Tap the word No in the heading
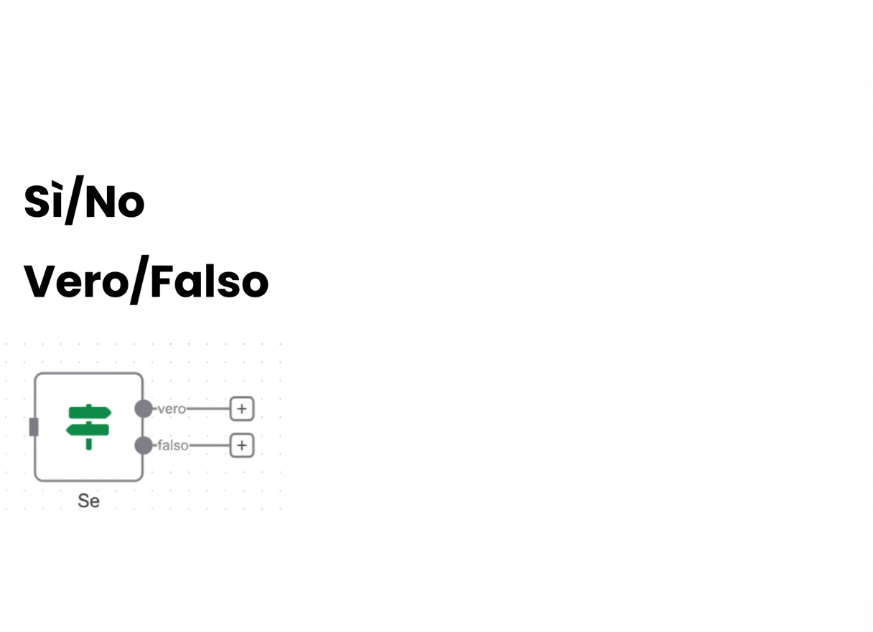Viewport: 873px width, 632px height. pyautogui.click(x=115, y=202)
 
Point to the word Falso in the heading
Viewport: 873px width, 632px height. pyautogui.click(x=210, y=281)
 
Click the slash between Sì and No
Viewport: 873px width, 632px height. pyautogui.click(x=74, y=200)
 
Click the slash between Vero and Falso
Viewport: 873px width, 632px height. pyautogui.click(x=139, y=279)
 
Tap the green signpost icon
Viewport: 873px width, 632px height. pyautogui.click(x=89, y=427)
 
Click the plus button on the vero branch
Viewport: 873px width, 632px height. pyautogui.click(x=242, y=409)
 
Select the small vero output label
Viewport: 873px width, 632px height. pyautogui.click(x=172, y=409)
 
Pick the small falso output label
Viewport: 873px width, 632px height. pyautogui.click(x=172, y=445)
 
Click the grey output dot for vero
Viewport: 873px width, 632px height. pyautogui.click(x=144, y=409)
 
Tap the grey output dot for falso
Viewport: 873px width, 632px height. pyautogui.click(x=144, y=445)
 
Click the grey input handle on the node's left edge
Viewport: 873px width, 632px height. pyautogui.click(x=34, y=427)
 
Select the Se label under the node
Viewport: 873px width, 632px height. pyautogui.click(x=89, y=501)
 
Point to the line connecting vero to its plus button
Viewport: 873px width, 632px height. pyautogui.click(x=208, y=409)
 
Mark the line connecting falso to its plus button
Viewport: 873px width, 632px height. pyautogui.click(x=210, y=445)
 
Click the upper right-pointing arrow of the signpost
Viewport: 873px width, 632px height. pyautogui.click(x=90, y=412)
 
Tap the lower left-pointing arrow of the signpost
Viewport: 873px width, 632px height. pyautogui.click(x=88, y=429)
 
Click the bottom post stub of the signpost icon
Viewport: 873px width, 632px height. pyautogui.click(x=89, y=444)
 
